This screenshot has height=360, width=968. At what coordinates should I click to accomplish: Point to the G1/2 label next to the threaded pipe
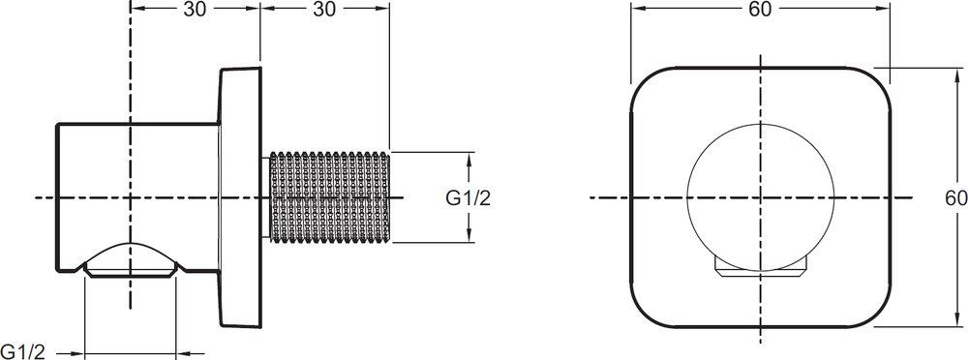pos(469,198)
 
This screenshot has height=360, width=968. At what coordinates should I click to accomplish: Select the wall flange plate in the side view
pos(241,197)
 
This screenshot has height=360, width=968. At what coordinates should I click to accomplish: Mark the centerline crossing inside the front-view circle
pos(759,197)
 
